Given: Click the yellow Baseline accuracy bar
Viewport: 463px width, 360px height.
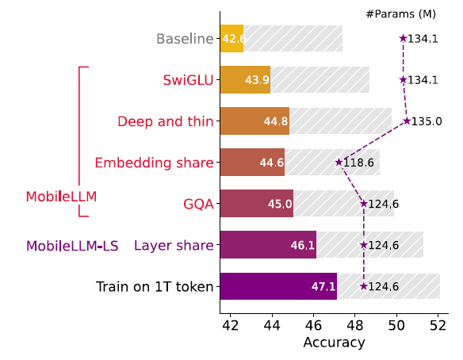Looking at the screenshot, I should (231, 39).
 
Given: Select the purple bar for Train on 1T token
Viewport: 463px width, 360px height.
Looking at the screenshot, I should (278, 286).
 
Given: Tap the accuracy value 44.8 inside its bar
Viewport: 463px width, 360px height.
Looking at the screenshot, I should (276, 121).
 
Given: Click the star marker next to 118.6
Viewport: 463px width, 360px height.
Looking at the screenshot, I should (339, 163).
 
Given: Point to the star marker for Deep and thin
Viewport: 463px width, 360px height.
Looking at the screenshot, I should (407, 121).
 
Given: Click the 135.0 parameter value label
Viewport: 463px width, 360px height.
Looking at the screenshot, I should (427, 121).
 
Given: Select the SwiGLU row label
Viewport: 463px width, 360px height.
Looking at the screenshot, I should (188, 80).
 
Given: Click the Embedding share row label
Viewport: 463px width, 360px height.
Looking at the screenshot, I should (154, 163).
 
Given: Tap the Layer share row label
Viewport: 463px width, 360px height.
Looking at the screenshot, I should (174, 245).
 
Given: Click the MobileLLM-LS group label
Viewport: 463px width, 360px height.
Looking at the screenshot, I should (72, 246).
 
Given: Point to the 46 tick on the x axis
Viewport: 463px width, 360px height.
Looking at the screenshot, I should (313, 325).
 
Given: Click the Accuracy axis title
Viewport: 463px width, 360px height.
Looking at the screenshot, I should (334, 343).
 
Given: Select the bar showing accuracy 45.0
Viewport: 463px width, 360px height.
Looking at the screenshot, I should (257, 204).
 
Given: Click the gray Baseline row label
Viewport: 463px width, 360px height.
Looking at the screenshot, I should (185, 39).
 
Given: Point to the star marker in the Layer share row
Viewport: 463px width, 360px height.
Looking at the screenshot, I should (363, 245).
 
